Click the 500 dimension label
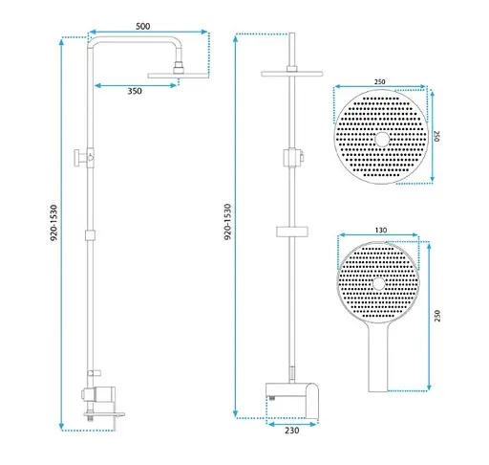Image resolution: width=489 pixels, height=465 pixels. (x=143, y=26)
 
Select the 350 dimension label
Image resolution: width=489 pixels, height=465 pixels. (x=135, y=91)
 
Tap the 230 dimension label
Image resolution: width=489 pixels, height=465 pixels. (x=292, y=431)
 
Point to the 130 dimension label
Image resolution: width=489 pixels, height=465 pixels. (x=381, y=231)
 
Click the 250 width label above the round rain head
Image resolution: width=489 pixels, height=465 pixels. (x=379, y=82)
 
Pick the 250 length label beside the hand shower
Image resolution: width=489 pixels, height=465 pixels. (x=437, y=316)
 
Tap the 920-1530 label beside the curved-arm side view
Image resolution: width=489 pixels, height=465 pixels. (x=54, y=223)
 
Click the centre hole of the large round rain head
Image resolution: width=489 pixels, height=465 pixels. (x=382, y=140)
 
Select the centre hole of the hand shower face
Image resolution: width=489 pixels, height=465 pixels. (x=378, y=284)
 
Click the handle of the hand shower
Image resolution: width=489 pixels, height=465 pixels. (x=378, y=357)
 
